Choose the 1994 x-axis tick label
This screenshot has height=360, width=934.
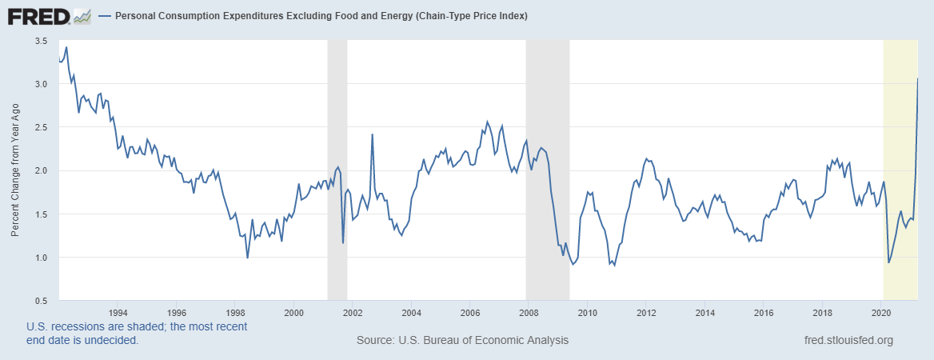[118, 313]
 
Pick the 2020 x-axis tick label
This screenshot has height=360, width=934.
[881, 313]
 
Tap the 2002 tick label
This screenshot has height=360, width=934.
[353, 313]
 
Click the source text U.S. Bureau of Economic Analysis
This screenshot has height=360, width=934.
[462, 341]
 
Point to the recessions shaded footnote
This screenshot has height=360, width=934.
[136, 334]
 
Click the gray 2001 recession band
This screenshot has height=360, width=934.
[337, 170]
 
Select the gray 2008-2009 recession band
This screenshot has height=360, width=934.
[547, 170]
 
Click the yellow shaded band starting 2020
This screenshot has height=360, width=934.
[900, 170]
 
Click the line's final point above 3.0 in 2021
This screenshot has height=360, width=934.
[917, 78]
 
